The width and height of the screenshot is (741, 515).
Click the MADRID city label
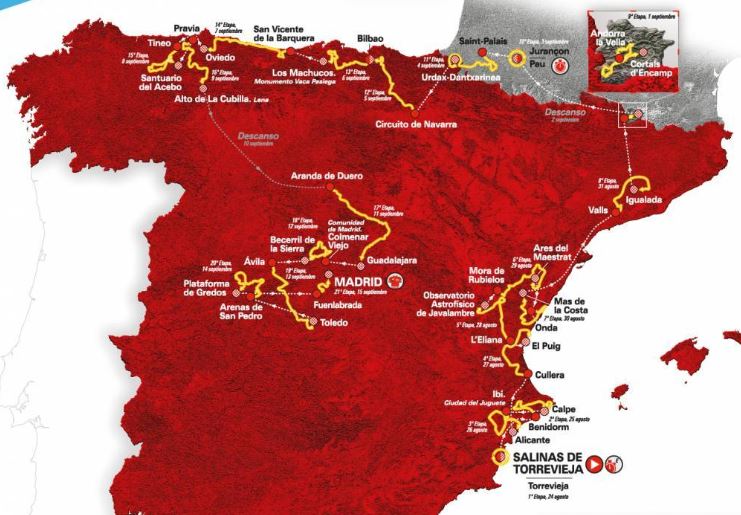click(359, 282)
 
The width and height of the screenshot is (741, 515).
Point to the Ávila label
click(255, 261)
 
